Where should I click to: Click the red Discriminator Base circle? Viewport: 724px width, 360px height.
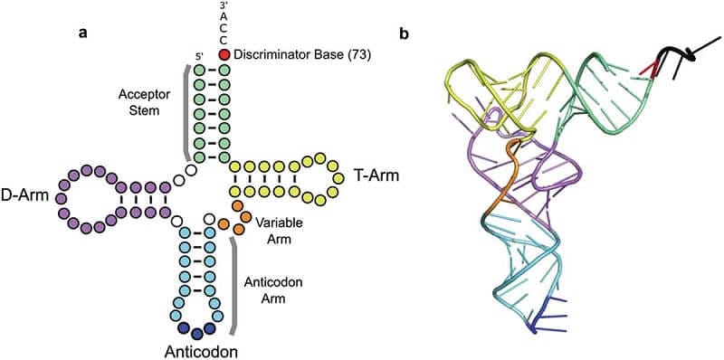224,55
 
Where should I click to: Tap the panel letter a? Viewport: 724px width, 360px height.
82,33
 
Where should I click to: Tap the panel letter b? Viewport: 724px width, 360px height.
404,33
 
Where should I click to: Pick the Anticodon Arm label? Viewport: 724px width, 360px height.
274,290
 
